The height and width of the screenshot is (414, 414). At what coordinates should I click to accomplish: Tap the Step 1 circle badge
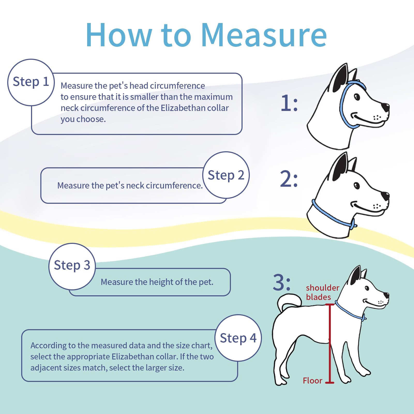point(31,82)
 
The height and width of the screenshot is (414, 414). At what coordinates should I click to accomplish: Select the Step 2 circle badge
point(226,175)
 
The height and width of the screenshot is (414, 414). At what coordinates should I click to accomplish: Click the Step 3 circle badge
point(72,266)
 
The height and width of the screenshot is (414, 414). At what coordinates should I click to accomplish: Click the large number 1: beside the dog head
point(289,103)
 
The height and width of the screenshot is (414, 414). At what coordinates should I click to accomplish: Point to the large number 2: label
point(289,179)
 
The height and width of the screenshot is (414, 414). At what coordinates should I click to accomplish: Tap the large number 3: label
point(282,283)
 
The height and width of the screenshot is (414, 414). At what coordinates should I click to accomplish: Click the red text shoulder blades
point(322,292)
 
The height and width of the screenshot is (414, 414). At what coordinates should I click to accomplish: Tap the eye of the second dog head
point(357,185)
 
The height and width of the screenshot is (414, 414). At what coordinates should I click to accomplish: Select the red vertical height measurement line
point(330,344)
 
